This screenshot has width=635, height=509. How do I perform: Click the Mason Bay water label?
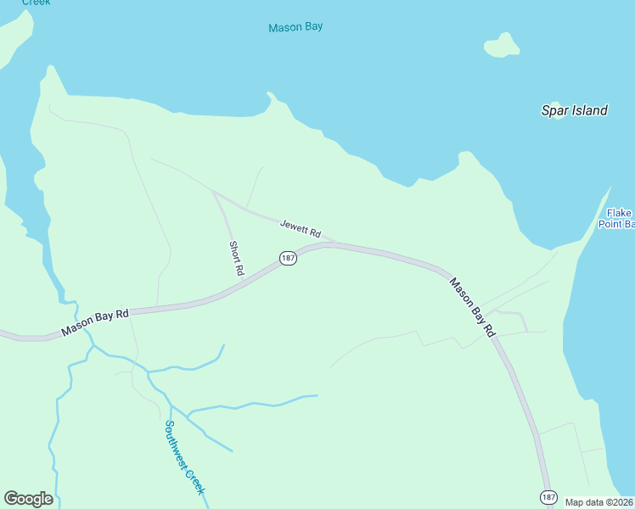click(x=295, y=27)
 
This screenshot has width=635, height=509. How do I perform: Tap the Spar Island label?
click(x=575, y=110)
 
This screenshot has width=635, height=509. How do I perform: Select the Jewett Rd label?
click(x=301, y=228)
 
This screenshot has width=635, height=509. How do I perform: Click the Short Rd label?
click(x=236, y=259)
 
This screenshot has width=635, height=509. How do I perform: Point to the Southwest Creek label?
click(x=184, y=458)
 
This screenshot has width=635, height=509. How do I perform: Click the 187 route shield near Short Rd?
click(x=288, y=258)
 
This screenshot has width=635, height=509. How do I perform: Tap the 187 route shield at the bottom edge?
click(x=548, y=496)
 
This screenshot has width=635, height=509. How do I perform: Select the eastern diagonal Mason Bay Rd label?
click(x=472, y=308)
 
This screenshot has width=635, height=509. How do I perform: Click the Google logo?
click(x=28, y=499)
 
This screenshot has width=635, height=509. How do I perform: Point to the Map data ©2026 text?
click(x=599, y=502)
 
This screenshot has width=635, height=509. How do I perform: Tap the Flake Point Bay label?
click(x=617, y=219)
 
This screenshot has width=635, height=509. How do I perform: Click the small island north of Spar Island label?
click(x=503, y=45)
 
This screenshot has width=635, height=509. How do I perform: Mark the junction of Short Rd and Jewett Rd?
click(x=215, y=193)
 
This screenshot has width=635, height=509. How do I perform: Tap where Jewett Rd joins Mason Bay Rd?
click(x=333, y=243)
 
